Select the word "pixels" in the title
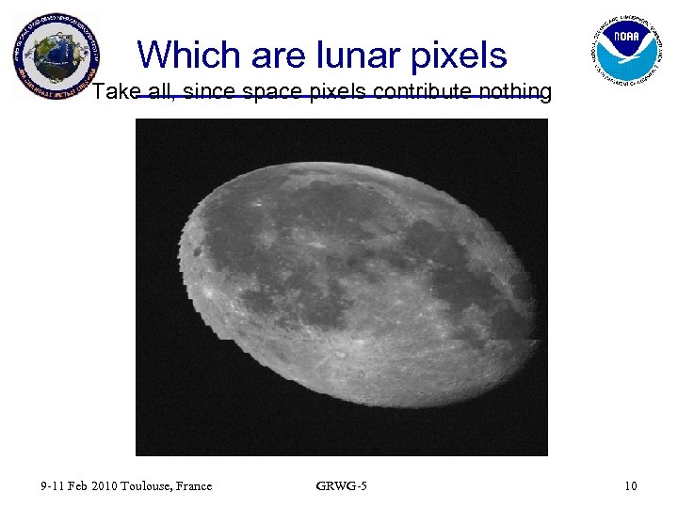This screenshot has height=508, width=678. click(462, 56)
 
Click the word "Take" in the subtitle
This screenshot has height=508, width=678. click(116, 91)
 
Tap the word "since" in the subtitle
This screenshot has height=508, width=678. click(216, 91)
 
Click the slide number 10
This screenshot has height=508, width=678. click(630, 486)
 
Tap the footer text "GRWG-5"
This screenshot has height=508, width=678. click(342, 486)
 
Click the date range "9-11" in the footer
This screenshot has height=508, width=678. click(52, 486)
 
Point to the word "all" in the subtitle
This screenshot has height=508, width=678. click(167, 91)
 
